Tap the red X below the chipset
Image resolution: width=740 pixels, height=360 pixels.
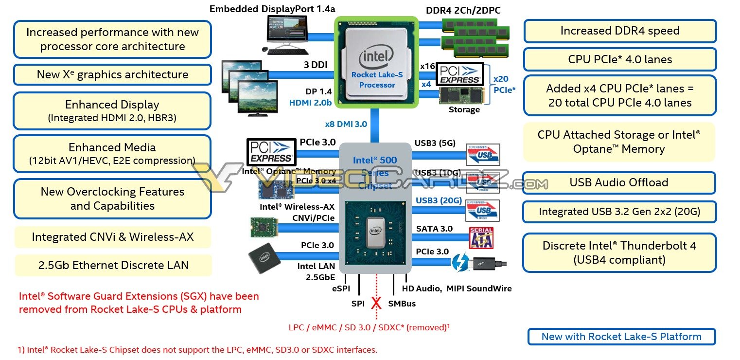click(x=376, y=304)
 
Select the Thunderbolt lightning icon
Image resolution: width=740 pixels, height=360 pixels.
click(x=460, y=263)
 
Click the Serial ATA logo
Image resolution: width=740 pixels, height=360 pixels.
click(x=481, y=238)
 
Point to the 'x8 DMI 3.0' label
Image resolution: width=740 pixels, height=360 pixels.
click(x=346, y=124)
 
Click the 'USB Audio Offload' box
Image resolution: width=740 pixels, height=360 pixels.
click(x=618, y=182)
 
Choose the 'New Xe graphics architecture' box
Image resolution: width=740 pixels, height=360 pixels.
click(x=112, y=74)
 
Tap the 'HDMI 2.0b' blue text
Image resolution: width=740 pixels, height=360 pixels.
click(x=310, y=103)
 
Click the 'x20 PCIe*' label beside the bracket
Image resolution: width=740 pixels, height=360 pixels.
click(x=504, y=84)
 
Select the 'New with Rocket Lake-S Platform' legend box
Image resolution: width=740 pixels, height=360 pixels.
click(x=621, y=337)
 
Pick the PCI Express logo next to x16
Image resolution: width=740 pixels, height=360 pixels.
click(x=459, y=73)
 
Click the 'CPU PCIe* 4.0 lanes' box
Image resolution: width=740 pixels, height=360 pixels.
click(x=620, y=59)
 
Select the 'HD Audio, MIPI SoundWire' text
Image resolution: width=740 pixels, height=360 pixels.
click(x=457, y=288)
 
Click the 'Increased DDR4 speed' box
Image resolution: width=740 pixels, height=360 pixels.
click(x=620, y=31)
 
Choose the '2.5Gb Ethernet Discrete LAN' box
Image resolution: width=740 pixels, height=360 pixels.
click(x=113, y=265)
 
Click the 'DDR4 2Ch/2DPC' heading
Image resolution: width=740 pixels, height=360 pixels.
click(x=463, y=10)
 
